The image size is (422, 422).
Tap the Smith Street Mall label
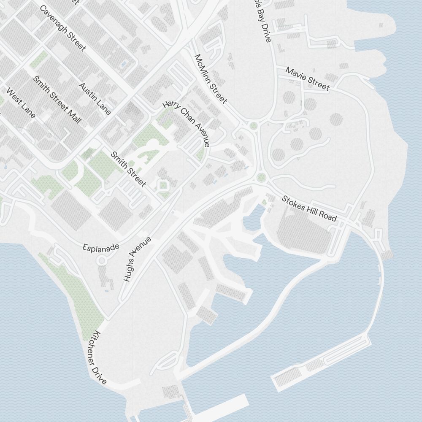[x=57, y=100]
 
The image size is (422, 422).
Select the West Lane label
[x=21, y=103]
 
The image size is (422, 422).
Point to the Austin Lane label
[x=95, y=98]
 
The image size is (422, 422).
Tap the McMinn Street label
[x=211, y=78]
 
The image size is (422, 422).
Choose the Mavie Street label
[x=307, y=78]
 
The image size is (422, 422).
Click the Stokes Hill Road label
[x=309, y=208]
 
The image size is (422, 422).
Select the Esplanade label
[x=101, y=248]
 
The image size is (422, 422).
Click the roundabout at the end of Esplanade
[x=102, y=261]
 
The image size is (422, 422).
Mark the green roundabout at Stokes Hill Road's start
[x=261, y=177]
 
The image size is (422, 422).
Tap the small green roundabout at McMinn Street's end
[x=254, y=125]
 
